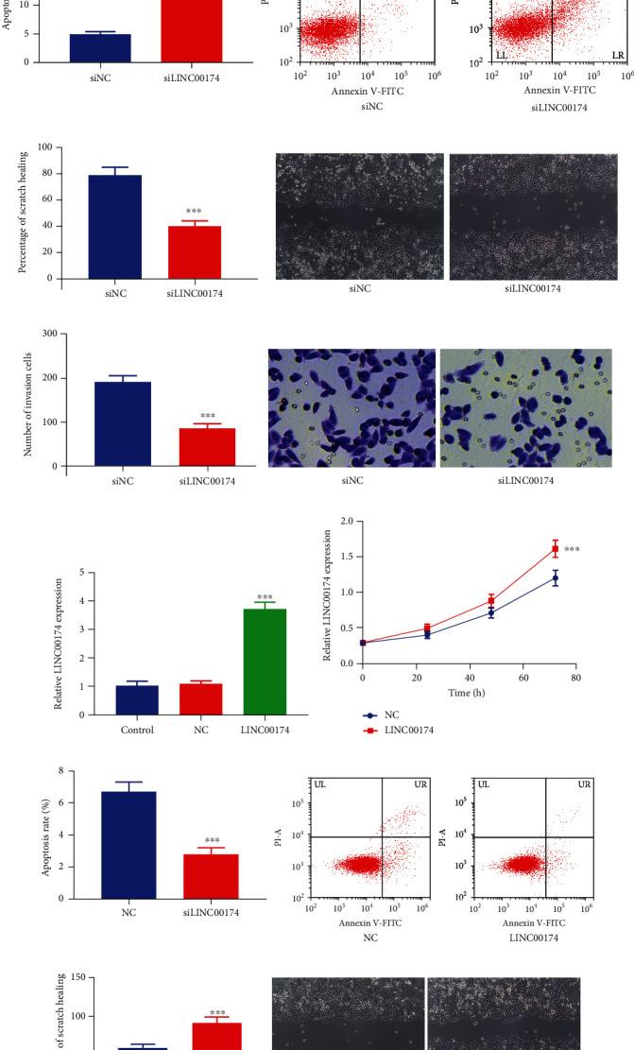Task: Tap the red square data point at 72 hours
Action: point(555,548)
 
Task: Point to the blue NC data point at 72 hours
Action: point(555,577)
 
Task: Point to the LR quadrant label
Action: point(618,56)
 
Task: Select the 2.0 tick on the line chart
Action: point(347,522)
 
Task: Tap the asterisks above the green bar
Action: point(265,597)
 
